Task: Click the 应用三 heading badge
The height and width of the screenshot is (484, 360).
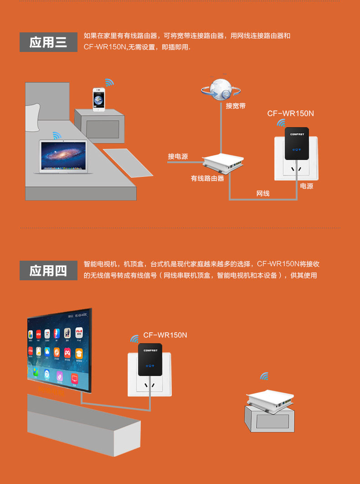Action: coord(48,42)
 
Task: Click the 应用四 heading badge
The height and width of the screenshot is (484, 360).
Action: coord(48,271)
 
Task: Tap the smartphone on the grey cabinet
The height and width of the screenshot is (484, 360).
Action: coord(99,99)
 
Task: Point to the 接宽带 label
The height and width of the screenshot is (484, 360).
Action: coord(236,106)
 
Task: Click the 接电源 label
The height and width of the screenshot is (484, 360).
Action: coord(178,156)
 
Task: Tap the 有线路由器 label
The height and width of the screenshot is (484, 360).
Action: coord(207,178)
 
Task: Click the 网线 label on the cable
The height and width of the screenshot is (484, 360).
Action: coord(263,193)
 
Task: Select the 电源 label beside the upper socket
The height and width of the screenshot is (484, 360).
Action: coord(307,186)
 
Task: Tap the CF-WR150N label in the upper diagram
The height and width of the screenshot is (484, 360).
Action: coord(290,113)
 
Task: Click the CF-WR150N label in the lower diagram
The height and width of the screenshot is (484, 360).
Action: coord(165,335)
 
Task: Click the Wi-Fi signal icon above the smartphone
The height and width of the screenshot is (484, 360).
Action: coord(109,82)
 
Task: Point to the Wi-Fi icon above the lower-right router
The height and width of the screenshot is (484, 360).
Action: coord(264,376)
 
